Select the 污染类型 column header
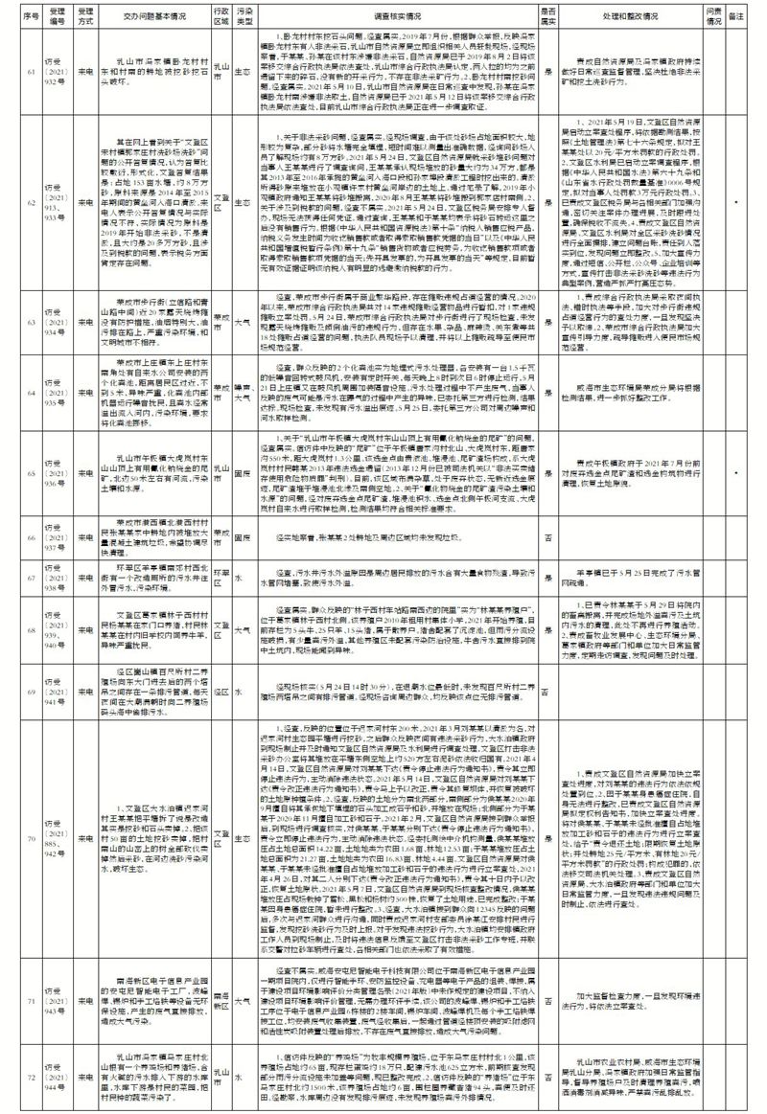click(x=244, y=17)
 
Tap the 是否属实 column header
click(x=546, y=17)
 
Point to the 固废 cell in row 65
click(x=244, y=472)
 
